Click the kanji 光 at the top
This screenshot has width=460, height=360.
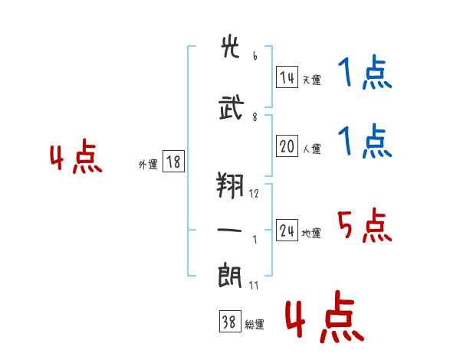232,49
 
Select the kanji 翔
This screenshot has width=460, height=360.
232,184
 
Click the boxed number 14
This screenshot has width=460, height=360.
287,77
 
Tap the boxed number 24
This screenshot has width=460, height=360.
287,231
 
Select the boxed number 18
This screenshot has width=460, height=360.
173,162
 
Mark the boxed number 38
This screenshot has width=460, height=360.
228,322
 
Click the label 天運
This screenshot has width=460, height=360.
311,80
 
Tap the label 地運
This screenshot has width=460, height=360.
311,234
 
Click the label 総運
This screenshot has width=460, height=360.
254,325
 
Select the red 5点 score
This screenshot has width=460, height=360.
364,226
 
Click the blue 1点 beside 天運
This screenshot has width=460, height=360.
365,74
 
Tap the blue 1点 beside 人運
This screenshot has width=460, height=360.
365,142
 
